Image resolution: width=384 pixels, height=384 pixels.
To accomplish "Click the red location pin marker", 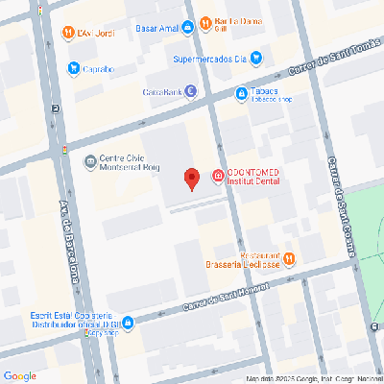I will [x=191, y=178].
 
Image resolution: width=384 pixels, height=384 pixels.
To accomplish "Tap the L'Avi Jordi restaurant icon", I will [x=68, y=34].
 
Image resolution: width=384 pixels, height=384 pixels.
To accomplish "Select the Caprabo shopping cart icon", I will [x=74, y=68].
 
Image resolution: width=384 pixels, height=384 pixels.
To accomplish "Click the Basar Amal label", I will [x=157, y=29].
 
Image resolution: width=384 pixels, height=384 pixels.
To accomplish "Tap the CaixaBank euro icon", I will [x=190, y=92].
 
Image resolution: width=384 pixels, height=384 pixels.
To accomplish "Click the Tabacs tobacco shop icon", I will [x=242, y=93].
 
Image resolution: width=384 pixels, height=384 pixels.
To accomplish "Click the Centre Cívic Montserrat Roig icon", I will [x=90, y=160].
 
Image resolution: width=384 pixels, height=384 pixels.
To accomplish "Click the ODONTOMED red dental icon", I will [x=218, y=177].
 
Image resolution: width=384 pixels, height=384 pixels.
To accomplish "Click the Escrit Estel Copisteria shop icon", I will [x=91, y=335].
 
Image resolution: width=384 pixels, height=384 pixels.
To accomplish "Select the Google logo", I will [x=19, y=375].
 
